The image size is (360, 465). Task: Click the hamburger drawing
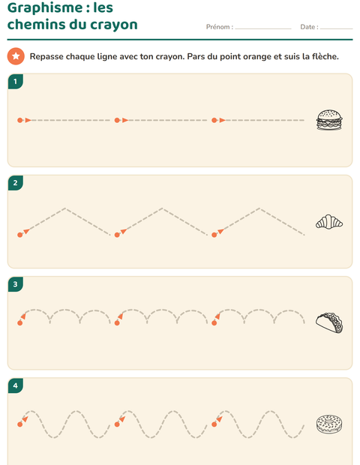point(329,120)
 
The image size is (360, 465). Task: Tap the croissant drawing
point(329,222)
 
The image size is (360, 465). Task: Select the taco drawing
point(329,323)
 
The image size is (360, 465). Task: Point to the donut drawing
point(329,424)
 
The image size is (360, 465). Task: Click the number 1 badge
point(16,82)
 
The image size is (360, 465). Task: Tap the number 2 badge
point(16,183)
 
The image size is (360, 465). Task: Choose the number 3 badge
point(16,284)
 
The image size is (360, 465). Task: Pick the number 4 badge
point(16,385)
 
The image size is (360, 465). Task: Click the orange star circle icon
point(16,56)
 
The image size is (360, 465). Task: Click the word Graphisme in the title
point(45,8)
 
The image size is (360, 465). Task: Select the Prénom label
point(220,27)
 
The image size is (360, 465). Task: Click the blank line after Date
point(337,28)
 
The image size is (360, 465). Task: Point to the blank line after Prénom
point(263,28)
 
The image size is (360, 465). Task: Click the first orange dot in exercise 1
point(19,120)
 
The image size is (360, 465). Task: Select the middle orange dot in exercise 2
point(117,235)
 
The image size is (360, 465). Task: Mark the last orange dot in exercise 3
point(214,322)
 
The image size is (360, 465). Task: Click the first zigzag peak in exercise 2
point(65,208)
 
